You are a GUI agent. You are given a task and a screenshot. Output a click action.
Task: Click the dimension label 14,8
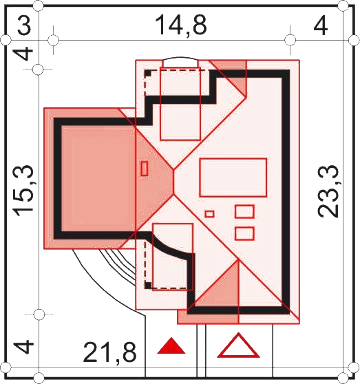coord(181,25)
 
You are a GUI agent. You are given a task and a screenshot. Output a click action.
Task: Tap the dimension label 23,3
coord(328,191)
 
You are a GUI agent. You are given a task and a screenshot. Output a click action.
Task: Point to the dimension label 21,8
coord(109,353)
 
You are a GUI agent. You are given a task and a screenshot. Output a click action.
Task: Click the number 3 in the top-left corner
coord(24,25)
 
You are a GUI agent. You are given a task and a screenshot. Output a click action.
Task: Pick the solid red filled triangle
coord(171,345)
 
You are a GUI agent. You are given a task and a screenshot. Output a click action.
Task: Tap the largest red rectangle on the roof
coord(233,178)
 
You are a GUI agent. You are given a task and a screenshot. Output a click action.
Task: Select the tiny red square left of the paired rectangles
coord(210,214)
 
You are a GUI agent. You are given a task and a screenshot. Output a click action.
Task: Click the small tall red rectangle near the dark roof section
coord(145,168)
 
